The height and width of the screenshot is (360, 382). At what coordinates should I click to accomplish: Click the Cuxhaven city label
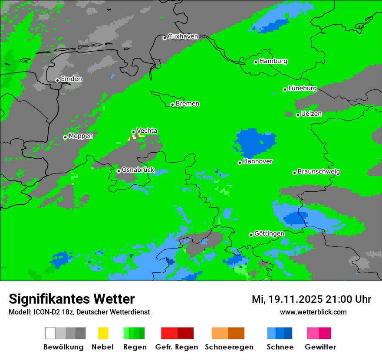pos(183,36)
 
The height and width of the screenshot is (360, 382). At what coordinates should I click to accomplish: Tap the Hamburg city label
pos(273,61)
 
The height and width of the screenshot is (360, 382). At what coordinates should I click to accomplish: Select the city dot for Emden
pos(57,80)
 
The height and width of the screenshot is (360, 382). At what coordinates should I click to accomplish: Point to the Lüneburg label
pos(303,88)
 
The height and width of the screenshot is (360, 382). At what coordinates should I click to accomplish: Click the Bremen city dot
pos(172,105)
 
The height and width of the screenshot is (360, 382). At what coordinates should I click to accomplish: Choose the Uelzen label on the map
pos(311,114)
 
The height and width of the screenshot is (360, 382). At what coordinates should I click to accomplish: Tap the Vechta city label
pos(147,131)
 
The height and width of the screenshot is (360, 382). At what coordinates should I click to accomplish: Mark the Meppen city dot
pos(65,137)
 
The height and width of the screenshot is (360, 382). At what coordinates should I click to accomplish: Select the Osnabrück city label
pos(138,170)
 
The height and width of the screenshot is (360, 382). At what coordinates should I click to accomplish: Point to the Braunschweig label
pos(319,172)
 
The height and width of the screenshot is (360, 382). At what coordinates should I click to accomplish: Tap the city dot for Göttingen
pos(251,235)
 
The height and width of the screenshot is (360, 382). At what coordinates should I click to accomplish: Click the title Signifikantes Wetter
pos(72,299)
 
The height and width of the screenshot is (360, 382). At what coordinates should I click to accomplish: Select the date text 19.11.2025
pos(295,299)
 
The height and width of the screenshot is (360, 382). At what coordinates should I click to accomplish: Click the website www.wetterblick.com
pos(313,312)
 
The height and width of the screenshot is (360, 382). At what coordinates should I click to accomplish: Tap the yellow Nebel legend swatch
pos(103,333)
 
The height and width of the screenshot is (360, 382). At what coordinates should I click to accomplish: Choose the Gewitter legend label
pos(320,347)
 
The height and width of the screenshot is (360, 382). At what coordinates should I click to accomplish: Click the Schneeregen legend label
pos(229,347)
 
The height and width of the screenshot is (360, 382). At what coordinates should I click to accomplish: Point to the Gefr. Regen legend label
pos(176,347)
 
